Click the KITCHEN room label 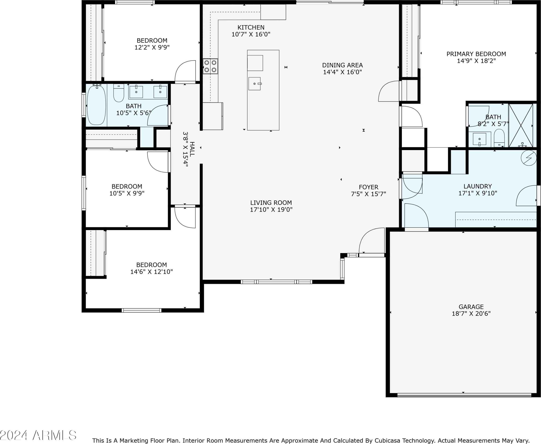pyautogui.click(x=251, y=27)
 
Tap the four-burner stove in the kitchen pyautogui.click(x=210, y=66)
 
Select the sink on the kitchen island pyautogui.click(x=255, y=84)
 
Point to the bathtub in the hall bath pyautogui.click(x=96, y=105)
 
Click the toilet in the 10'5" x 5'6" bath pyautogui.click(x=119, y=93)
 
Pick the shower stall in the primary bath pyautogui.click(x=521, y=125)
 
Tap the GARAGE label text pyautogui.click(x=471, y=307)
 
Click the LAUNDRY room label pyautogui.click(x=477, y=186)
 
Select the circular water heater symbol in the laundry pyautogui.click(x=529, y=158)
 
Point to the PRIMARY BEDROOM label pyautogui.click(x=476, y=54)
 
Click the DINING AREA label pyautogui.click(x=342, y=65)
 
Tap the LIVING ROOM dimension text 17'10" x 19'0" pyautogui.click(x=271, y=209)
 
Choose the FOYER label pyautogui.click(x=369, y=187)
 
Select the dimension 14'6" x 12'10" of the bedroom pyautogui.click(x=151, y=272)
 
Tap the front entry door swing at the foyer pyautogui.click(x=371, y=241)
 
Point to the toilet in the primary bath pyautogui.click(x=499, y=138)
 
